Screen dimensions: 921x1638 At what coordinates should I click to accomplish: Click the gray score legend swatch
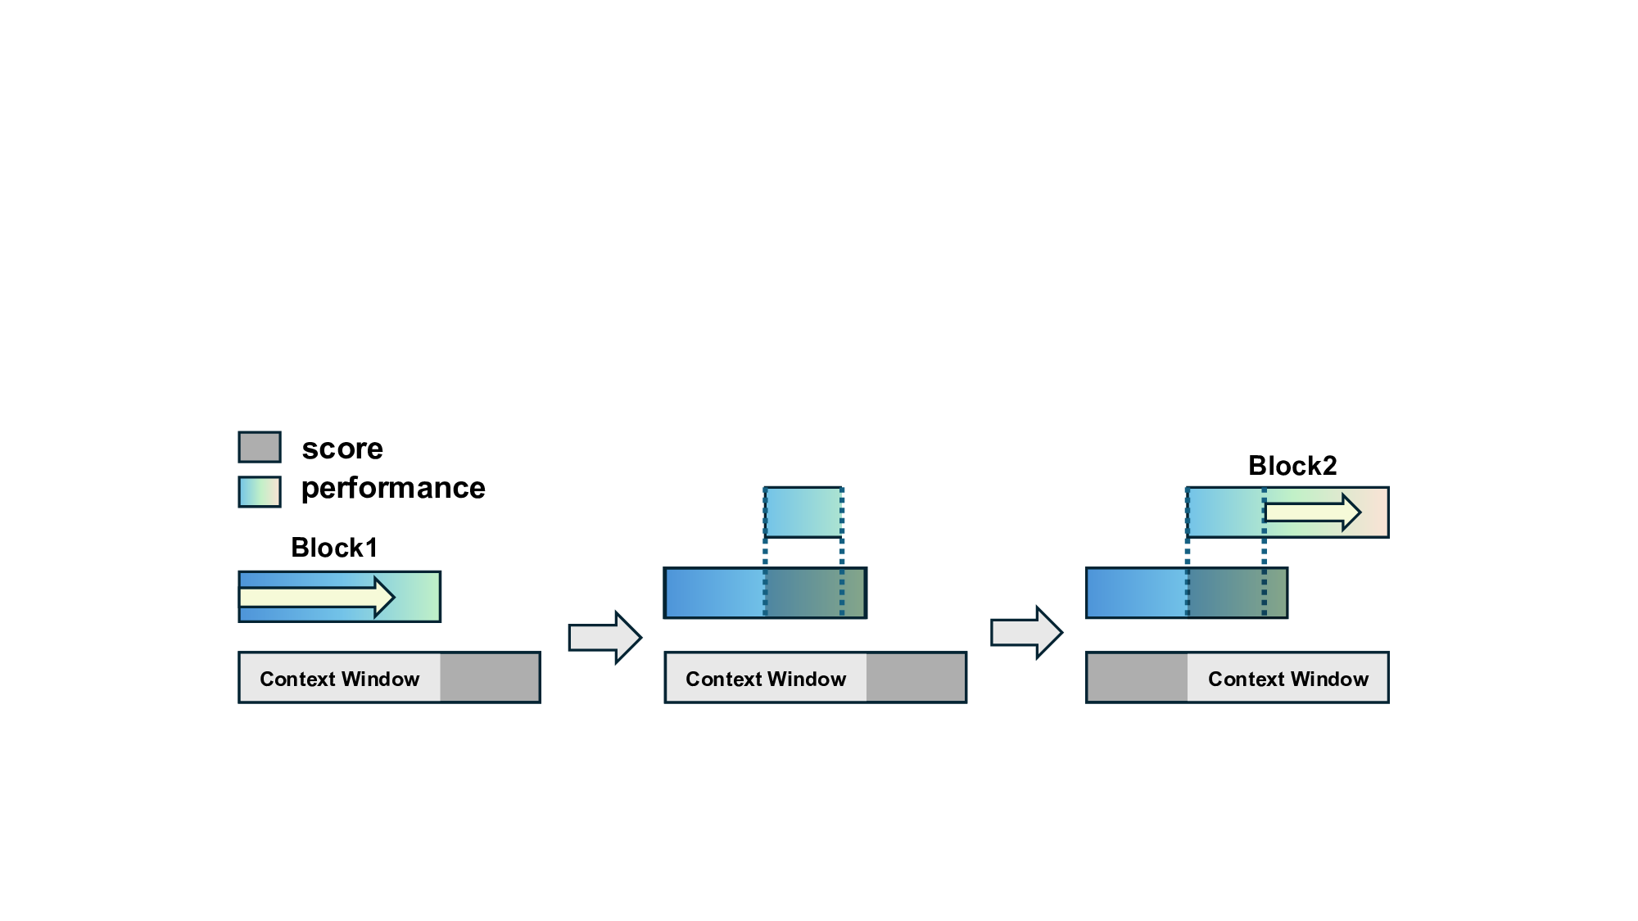click(260, 447)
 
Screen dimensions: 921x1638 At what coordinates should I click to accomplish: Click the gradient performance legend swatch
click(260, 491)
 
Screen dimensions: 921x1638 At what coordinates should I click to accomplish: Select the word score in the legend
click(342, 449)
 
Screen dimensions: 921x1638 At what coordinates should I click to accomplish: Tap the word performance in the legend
click(393, 488)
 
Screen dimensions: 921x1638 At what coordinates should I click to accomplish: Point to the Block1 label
click(334, 548)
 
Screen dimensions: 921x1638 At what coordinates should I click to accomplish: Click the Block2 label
click(1292, 466)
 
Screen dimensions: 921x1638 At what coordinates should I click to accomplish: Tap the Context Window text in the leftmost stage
click(339, 679)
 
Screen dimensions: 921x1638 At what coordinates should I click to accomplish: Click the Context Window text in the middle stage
click(766, 679)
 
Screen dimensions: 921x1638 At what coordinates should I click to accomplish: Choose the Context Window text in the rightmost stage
click(1288, 679)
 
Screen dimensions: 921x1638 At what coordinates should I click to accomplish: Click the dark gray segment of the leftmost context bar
click(490, 678)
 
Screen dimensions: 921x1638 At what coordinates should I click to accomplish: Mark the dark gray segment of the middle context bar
click(916, 678)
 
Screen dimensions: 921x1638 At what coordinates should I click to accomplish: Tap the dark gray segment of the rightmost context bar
click(1137, 678)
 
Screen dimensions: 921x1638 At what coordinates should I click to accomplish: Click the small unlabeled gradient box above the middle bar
click(803, 512)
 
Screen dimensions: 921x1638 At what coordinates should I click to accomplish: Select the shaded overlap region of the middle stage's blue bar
click(814, 593)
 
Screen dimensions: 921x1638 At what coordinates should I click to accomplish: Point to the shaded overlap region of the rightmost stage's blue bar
click(1237, 593)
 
